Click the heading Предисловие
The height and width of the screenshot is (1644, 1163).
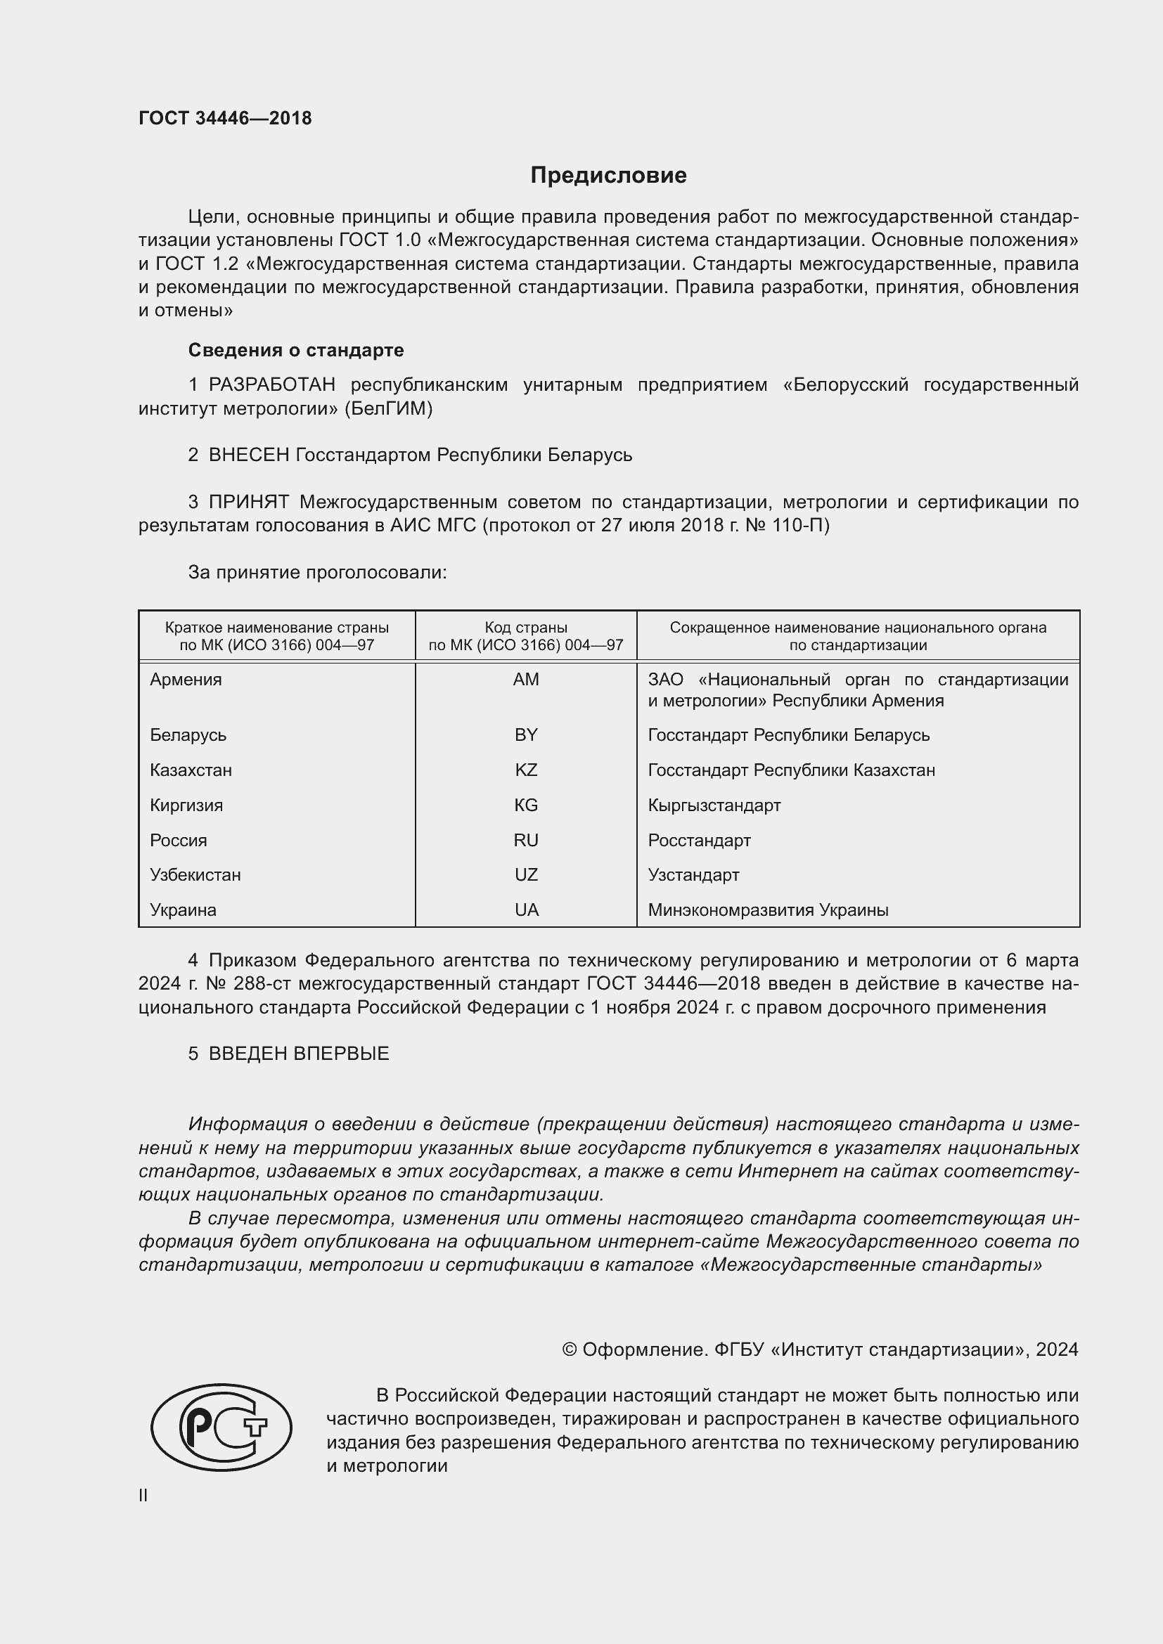[x=608, y=176]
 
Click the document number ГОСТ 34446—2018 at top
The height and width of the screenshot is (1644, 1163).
[x=225, y=118]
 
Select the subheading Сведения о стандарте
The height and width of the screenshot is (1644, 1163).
[x=296, y=350]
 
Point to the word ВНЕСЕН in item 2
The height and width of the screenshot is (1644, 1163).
[x=248, y=455]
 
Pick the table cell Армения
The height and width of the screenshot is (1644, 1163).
[x=186, y=680]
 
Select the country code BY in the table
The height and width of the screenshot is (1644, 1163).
[x=526, y=735]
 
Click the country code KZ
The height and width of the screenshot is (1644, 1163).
[x=526, y=770]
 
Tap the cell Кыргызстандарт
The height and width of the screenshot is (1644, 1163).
[x=714, y=805]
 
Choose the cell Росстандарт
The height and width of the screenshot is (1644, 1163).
[x=699, y=841]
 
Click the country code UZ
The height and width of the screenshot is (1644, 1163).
[x=526, y=875]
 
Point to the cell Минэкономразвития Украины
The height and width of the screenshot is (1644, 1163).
[x=768, y=910]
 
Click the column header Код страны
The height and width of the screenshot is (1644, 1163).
[x=526, y=628]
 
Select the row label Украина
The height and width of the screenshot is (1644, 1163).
[x=183, y=910]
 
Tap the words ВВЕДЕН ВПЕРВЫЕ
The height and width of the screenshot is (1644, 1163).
[x=299, y=1054]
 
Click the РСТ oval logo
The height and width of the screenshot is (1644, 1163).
[x=221, y=1427]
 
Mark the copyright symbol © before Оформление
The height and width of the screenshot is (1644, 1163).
[x=570, y=1349]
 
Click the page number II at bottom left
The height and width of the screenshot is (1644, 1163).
[x=143, y=1496]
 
